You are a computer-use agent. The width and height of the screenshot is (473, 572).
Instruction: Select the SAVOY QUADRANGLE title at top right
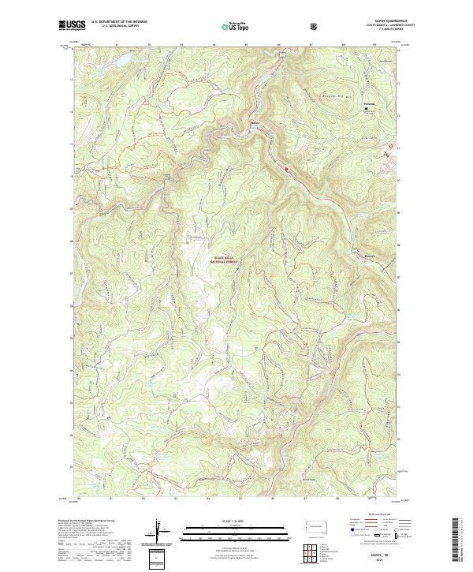click(x=380, y=23)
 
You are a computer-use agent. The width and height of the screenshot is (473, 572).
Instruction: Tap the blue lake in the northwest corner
click(x=106, y=59)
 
